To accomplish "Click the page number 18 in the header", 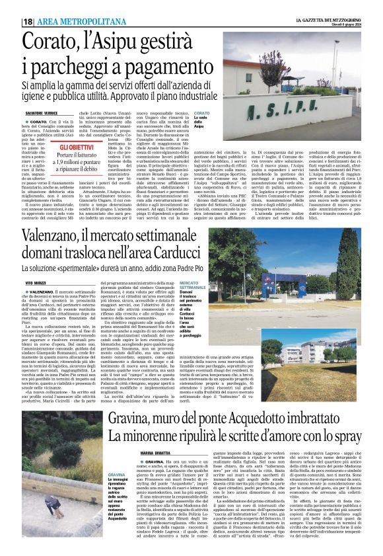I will pos(28,21).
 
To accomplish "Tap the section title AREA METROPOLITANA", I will pos(71,21).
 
